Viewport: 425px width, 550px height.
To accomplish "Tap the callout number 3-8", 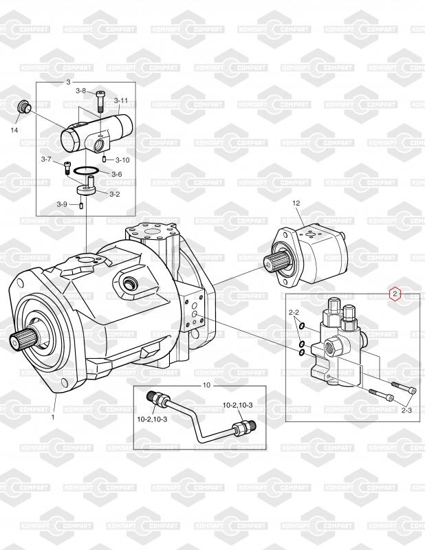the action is point(80,91).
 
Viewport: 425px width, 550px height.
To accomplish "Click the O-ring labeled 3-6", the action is point(86,170).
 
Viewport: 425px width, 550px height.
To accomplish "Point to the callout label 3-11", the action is point(121,100).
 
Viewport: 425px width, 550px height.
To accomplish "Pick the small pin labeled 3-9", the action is point(80,205).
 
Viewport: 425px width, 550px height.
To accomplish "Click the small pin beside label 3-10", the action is point(105,159).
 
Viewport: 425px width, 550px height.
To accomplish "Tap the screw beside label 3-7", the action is point(67,168).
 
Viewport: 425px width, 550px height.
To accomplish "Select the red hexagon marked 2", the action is point(395,294).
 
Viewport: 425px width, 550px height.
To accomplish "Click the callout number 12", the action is point(296,203).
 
